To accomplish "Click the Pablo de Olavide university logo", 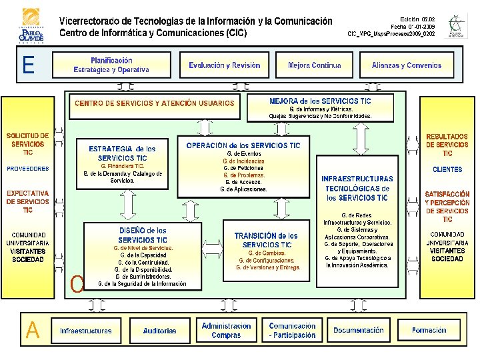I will (31, 26).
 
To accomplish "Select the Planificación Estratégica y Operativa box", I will (111, 65).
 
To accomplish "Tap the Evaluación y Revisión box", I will (224, 65).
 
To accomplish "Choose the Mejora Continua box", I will (314, 65).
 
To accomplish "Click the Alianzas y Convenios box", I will (406, 65).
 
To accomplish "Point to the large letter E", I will (28, 65).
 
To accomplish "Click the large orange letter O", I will (77, 285).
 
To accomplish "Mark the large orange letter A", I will (32, 330).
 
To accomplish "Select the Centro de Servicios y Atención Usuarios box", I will (155, 103).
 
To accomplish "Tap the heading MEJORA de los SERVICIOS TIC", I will (321, 101).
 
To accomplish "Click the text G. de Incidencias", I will (243, 161).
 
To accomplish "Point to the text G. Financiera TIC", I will (122, 165).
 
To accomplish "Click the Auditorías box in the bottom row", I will (160, 331).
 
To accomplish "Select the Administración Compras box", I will (226, 331).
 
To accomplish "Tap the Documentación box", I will (359, 331).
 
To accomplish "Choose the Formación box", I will (429, 331).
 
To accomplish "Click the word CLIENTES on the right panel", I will (447, 169).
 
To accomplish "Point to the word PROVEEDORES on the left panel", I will (28, 169).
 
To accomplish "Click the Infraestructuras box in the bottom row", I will (86, 331).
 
